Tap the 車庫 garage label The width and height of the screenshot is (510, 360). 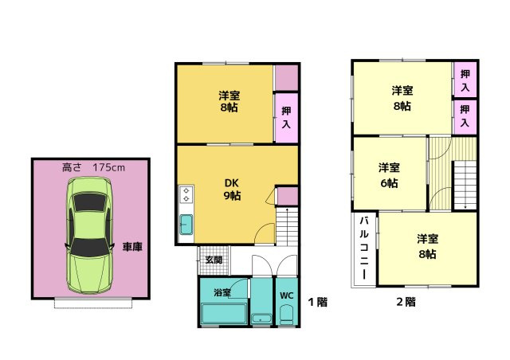(132, 247)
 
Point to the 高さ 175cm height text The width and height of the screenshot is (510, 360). (93, 168)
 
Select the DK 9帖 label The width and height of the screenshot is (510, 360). (231, 189)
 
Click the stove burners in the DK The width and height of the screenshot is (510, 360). (186, 194)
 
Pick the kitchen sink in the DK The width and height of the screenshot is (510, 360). (186, 223)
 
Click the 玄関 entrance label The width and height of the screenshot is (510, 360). (214, 260)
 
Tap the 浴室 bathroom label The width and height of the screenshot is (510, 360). (222, 292)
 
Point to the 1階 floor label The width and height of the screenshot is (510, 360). (317, 302)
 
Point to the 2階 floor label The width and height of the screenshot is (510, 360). (406, 302)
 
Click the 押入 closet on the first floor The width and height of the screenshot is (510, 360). (286, 118)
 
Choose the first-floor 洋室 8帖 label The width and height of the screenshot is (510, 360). (229, 101)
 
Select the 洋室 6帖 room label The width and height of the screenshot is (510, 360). (389, 174)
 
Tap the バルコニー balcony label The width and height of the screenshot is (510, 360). (363, 247)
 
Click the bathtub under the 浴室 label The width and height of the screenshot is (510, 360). (222, 315)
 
